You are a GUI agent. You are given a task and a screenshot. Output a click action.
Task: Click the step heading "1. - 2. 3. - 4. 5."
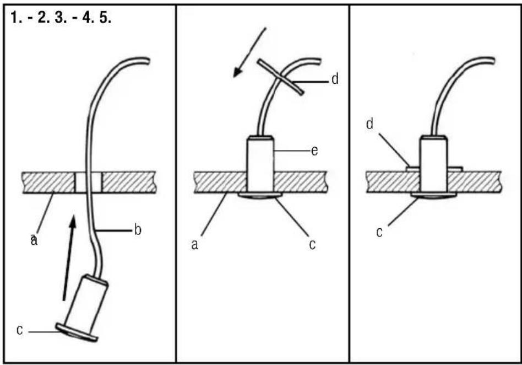tap(61, 17)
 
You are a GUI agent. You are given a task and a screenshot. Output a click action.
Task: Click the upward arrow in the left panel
tap(69, 259)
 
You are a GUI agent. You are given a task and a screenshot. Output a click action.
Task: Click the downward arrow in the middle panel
tap(249, 52)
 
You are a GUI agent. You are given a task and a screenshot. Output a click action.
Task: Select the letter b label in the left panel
tap(138, 230)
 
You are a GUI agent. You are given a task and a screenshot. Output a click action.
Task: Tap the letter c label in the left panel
tap(20, 330)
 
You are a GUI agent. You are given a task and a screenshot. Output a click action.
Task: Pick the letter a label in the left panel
tap(34, 240)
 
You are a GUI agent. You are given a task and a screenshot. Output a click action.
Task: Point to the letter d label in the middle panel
tap(335, 79)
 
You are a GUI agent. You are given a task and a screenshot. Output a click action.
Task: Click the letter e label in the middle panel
tap(314, 151)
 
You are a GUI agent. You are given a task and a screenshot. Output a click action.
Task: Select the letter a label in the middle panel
tap(195, 245)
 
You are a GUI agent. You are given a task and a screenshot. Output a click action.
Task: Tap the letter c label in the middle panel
tap(312, 245)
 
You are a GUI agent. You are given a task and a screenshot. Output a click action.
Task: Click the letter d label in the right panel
tap(369, 124)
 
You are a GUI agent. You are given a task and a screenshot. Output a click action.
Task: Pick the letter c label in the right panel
tap(379, 232)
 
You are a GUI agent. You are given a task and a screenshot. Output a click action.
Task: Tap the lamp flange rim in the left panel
tap(77, 332)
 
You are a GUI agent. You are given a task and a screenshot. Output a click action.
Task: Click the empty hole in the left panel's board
tap(88, 182)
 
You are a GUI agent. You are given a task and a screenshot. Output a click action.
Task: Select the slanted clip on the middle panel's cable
tap(280, 77)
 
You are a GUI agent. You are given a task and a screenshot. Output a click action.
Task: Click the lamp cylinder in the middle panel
tap(260, 164)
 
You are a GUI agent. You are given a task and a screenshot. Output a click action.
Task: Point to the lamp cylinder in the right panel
tap(433, 164)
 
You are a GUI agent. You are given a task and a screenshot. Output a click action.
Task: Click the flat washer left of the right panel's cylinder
tap(413, 169)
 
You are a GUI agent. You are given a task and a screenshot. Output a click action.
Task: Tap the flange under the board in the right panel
tap(433, 195)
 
